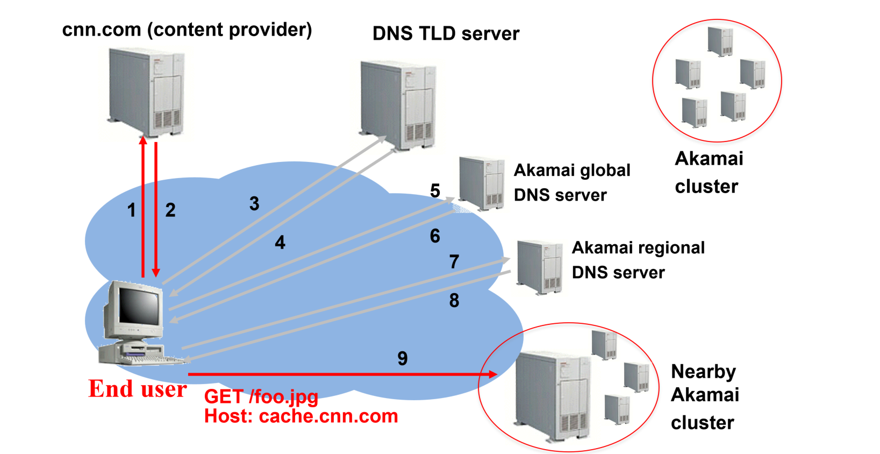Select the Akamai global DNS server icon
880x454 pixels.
[x=482, y=183]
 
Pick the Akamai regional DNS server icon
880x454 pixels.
[x=539, y=267]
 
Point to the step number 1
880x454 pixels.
[x=131, y=210]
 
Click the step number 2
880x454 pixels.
[x=170, y=210]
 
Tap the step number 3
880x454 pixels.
[x=254, y=204]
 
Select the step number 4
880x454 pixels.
[x=280, y=243]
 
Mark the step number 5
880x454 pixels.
[x=435, y=191]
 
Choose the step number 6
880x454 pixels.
[x=435, y=236]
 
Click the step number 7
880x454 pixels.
[x=454, y=262]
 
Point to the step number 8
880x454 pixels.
[x=454, y=301]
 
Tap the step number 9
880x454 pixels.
[x=403, y=359]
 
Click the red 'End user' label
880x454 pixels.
[x=138, y=389]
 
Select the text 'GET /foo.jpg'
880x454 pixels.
[x=261, y=397]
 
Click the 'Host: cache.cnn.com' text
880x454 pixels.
[x=301, y=416]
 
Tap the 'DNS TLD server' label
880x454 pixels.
[x=446, y=34]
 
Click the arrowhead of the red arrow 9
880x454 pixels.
[x=492, y=374]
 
